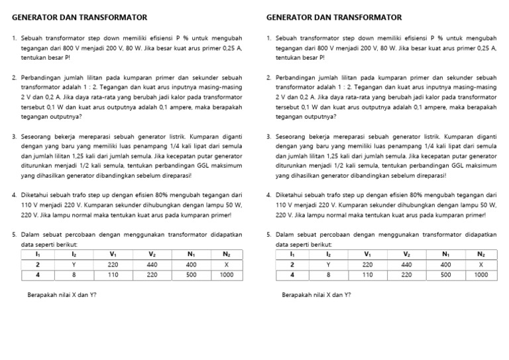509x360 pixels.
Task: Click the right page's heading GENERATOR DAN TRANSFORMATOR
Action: [333, 17]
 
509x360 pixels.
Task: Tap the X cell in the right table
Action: [481, 263]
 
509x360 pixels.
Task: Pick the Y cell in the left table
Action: [74, 263]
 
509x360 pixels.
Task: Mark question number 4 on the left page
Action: [15, 195]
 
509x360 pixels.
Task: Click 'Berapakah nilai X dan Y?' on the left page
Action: [60, 294]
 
